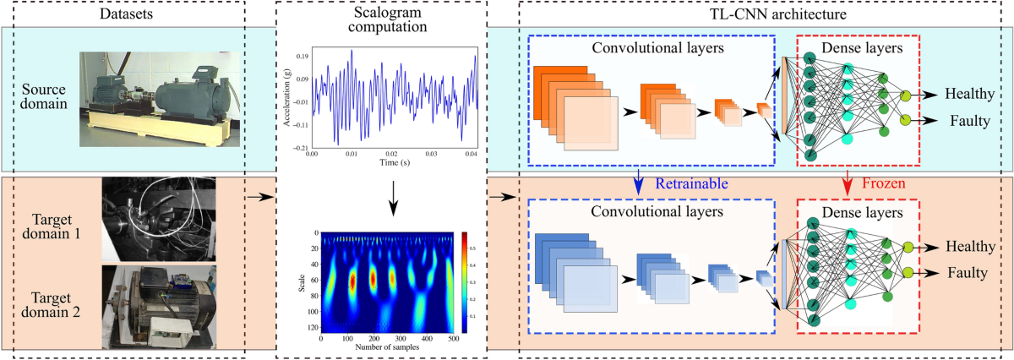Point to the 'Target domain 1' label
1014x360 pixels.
pos(46,220)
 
